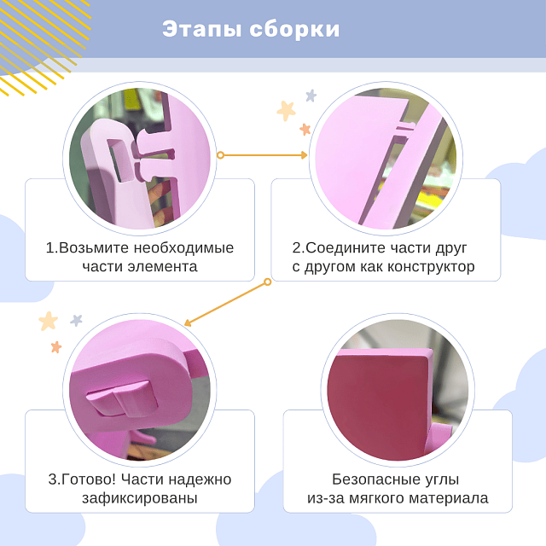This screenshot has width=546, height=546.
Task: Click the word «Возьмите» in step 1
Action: (96, 247)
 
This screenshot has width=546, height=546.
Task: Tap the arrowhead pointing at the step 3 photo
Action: (189, 322)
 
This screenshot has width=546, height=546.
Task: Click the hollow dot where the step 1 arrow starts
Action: (220, 155)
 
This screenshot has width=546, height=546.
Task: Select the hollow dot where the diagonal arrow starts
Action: (267, 281)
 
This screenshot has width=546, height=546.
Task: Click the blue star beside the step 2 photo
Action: (311, 96)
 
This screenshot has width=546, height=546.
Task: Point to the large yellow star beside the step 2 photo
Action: (286, 110)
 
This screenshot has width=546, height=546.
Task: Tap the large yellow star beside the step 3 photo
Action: (49, 321)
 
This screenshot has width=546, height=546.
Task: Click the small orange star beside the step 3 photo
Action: (56, 346)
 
